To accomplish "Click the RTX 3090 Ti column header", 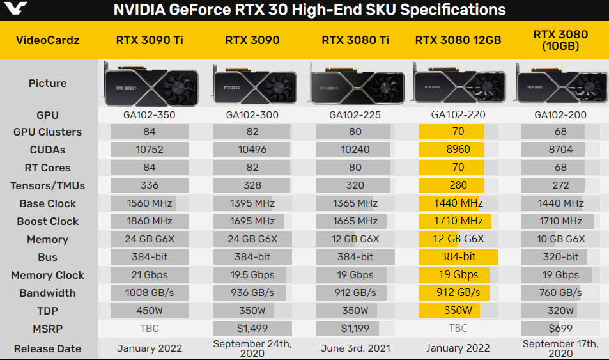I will pyautogui.click(x=150, y=40).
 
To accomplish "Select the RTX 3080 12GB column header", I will pyautogui.click(x=458, y=40).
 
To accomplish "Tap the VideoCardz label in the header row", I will pyautogui.click(x=47, y=40).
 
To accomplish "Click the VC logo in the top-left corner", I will pyautogui.click(x=16, y=10).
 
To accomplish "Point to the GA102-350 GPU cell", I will pyautogui.click(x=150, y=115).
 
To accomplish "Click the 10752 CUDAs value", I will pyautogui.click(x=150, y=150).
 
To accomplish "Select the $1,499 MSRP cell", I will pyautogui.click(x=252, y=329).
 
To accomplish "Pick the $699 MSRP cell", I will pyautogui.click(x=560, y=329).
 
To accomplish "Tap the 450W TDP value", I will pyautogui.click(x=150, y=311).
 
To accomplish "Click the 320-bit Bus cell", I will pyautogui.click(x=560, y=257).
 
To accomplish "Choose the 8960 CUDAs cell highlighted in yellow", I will pyautogui.click(x=458, y=150).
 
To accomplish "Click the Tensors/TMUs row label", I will pyautogui.click(x=47, y=185).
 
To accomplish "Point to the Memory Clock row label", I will pyautogui.click(x=47, y=275).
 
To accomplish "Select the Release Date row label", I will pyautogui.click(x=47, y=348).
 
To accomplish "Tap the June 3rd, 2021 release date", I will pyautogui.click(x=355, y=348).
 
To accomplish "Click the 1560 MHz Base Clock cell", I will pyautogui.click(x=150, y=203).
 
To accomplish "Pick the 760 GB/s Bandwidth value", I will pyautogui.click(x=560, y=293).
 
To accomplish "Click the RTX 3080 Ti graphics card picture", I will pyautogui.click(x=355, y=83).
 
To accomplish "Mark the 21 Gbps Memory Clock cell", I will pyautogui.click(x=150, y=275).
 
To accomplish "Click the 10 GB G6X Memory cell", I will pyautogui.click(x=560, y=239).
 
